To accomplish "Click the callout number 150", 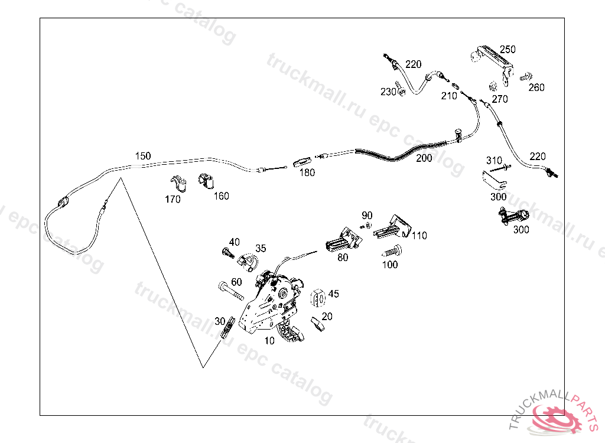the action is point(143,156).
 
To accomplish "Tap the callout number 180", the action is point(307,172).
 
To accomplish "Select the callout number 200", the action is point(424,158).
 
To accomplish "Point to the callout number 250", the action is point(508,50).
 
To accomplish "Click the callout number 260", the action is point(536,87).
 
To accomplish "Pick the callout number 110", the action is point(419,236).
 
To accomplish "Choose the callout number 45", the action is point(334,294).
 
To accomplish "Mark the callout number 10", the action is point(269,341).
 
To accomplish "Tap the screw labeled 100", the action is point(392,251).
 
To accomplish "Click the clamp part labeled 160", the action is point(206,181).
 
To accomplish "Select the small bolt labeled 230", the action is point(399,88).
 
